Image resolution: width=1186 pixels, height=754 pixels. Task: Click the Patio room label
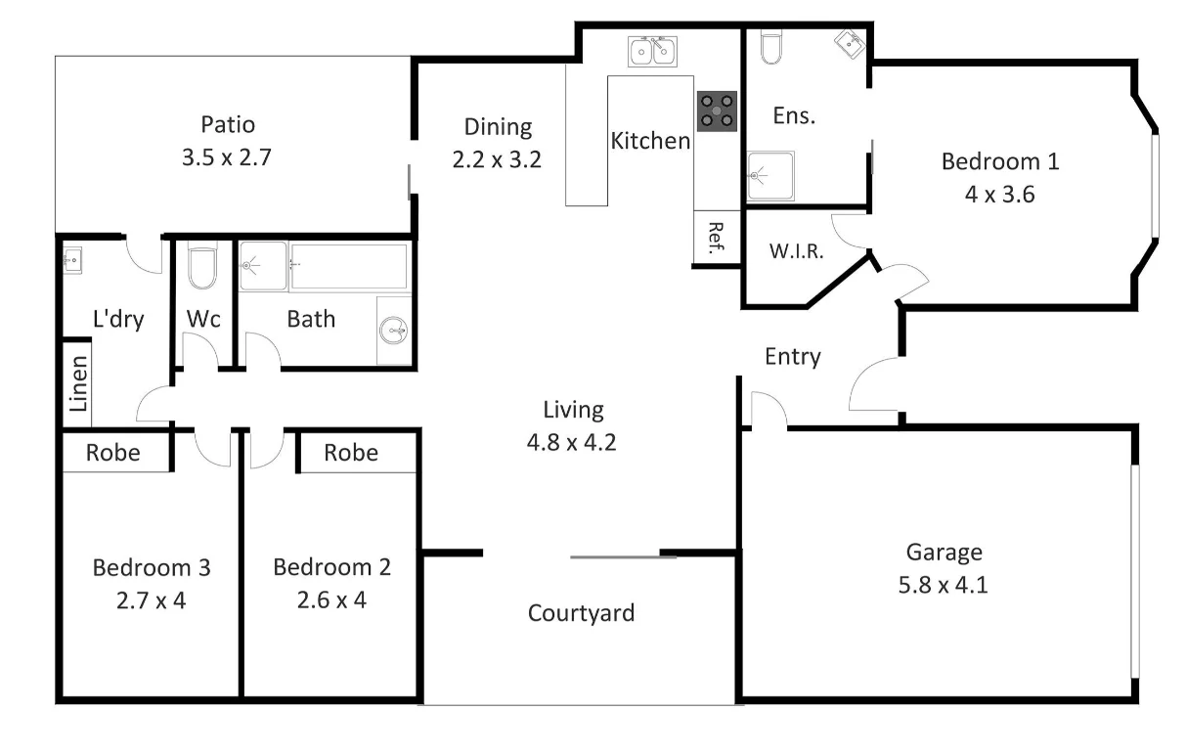tap(227, 125)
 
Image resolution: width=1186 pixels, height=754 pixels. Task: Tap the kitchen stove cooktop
tap(717, 111)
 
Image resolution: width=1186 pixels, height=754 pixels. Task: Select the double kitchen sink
tap(653, 51)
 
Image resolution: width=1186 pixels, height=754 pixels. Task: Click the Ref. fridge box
tap(717, 238)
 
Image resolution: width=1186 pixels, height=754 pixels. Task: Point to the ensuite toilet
tap(770, 47)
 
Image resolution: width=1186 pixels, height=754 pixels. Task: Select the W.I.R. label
tap(796, 250)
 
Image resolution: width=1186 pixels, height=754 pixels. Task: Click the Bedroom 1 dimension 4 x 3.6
tap(999, 194)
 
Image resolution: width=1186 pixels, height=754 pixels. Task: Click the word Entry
tap(792, 357)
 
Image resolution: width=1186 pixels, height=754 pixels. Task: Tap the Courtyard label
tap(581, 613)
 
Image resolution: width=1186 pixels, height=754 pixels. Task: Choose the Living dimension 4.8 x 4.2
tap(573, 441)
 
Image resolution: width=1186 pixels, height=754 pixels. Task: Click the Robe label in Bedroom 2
tap(351, 453)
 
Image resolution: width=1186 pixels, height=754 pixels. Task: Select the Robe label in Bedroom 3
tap(113, 453)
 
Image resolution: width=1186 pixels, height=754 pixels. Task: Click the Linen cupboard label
tap(78, 382)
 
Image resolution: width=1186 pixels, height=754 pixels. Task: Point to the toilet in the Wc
tap(202, 268)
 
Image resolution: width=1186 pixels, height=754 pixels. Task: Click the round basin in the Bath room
tap(394, 332)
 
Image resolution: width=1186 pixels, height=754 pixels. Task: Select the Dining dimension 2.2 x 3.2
tap(497, 158)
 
